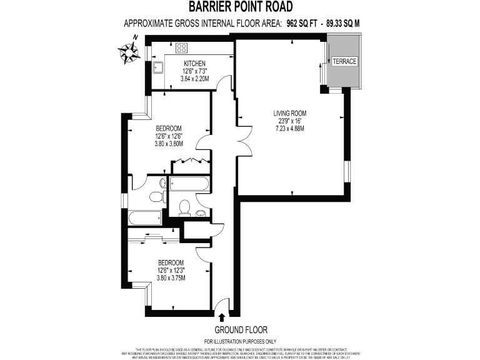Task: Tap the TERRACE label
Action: click(344, 61)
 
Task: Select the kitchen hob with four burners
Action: click(182, 47)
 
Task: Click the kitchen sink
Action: click(157, 67)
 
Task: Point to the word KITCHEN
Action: click(194, 64)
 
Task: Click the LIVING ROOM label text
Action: click(290, 113)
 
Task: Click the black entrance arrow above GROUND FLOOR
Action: click(222, 318)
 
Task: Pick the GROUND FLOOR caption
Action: click(241, 329)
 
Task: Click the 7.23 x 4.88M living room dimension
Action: click(290, 128)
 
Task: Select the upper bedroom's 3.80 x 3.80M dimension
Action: click(169, 143)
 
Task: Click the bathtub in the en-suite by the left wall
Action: click(144, 218)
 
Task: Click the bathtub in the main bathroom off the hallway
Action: click(189, 184)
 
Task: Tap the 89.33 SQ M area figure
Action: click(342, 23)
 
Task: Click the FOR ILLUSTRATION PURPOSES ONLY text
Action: click(240, 341)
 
